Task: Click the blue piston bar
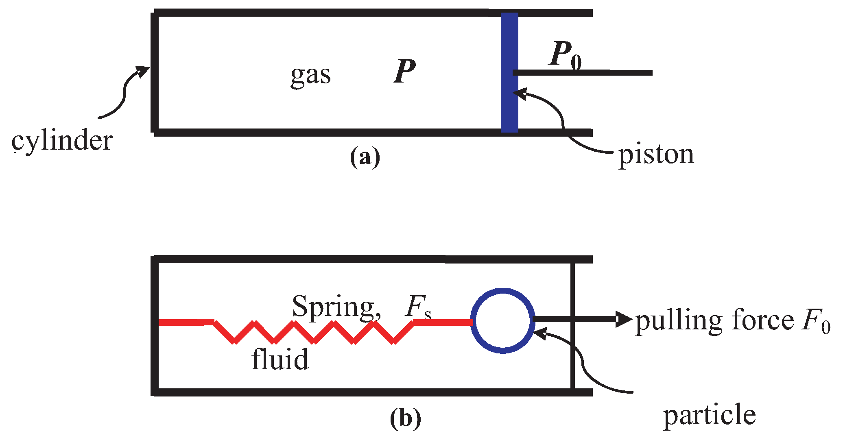509,72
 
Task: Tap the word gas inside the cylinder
310,76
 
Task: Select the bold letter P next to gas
405,71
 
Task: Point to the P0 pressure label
565,55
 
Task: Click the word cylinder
62,141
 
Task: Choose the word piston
656,155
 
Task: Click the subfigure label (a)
365,157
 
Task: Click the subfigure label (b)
405,418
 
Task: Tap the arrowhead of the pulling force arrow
624,319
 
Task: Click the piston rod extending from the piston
583,73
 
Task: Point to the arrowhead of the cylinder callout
143,72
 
